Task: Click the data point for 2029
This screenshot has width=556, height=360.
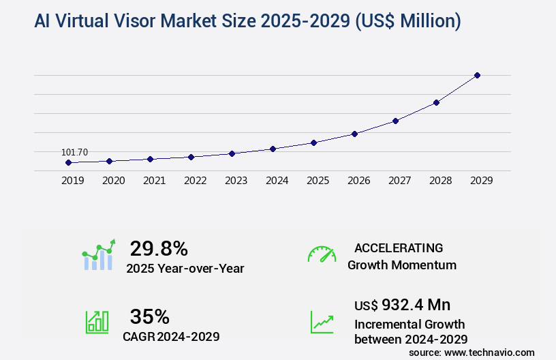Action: point(477,75)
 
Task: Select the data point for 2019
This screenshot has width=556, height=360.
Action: point(68,163)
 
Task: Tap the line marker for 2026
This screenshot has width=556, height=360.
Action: point(354,134)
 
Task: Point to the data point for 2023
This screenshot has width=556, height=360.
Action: point(232,153)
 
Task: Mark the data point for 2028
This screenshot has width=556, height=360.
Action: point(436,102)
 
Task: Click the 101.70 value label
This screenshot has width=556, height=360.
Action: point(74,152)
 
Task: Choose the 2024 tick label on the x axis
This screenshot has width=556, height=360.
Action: point(277,181)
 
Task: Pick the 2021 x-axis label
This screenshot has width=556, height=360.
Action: point(154,181)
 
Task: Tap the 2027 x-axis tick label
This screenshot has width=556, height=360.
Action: point(399,181)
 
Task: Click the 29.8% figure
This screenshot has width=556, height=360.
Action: point(159,248)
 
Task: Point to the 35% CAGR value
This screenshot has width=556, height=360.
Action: point(149,316)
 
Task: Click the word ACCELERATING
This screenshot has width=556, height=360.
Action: point(399,247)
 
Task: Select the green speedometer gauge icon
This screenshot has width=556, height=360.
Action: point(322,254)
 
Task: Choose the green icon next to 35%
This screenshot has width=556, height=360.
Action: point(97,321)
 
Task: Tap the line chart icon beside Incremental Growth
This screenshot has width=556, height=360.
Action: point(322,321)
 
